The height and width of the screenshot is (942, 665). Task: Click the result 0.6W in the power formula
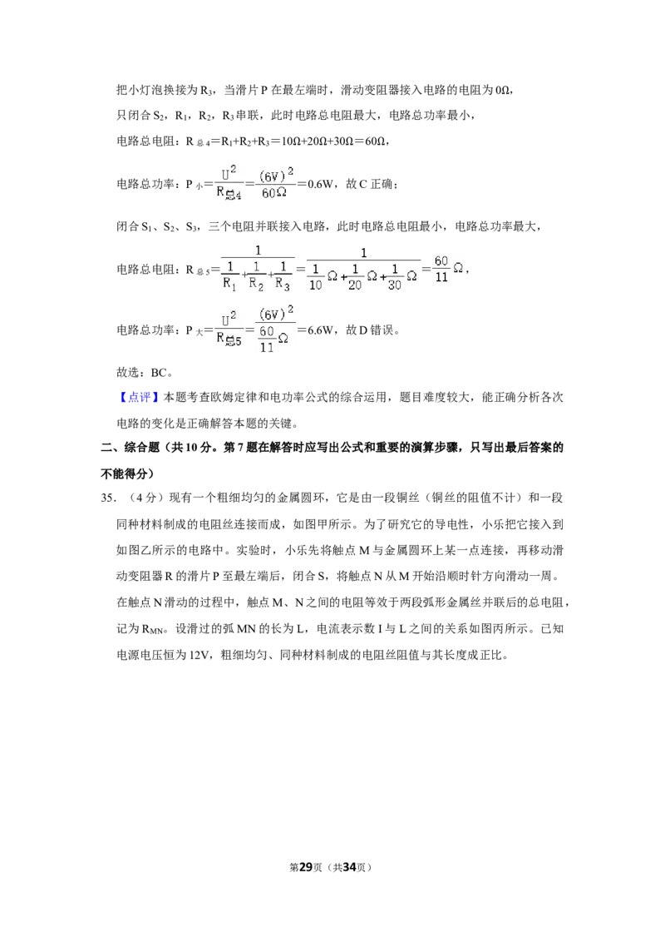[321, 184]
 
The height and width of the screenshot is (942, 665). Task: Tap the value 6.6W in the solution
[321, 330]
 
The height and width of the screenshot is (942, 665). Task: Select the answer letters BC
[159, 373]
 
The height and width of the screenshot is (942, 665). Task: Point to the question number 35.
[107, 498]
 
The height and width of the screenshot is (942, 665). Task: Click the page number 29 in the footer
[306, 867]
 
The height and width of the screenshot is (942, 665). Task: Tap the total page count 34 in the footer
[349, 867]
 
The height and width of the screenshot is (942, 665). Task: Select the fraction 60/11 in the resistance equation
[441, 269]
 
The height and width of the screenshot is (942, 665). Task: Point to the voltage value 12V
[199, 655]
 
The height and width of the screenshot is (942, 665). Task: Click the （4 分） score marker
[142, 498]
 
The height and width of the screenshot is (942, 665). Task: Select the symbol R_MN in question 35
[152, 629]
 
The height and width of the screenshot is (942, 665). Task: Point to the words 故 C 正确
[369, 184]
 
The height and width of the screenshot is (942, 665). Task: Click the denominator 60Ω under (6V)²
[274, 193]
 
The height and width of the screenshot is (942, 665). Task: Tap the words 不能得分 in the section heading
[124, 473]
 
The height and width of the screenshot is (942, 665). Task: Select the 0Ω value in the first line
[503, 90]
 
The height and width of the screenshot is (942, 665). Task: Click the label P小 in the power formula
[194, 185]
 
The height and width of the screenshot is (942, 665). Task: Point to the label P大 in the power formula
[194, 330]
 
